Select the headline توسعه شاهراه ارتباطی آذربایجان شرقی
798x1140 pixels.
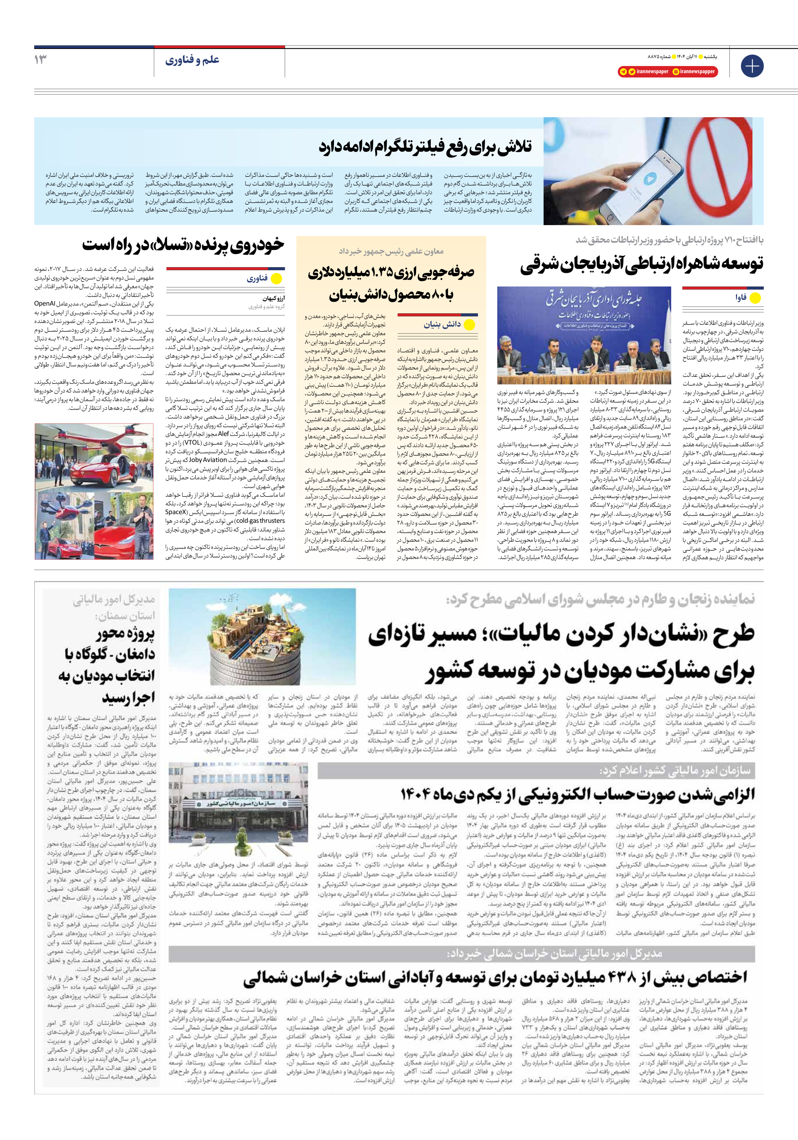(x=642, y=264)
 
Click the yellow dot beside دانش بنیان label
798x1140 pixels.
(x=469, y=325)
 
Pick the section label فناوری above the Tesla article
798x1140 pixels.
(x=257, y=279)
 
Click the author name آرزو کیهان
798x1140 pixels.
(x=274, y=298)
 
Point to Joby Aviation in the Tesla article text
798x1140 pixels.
(x=208, y=460)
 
